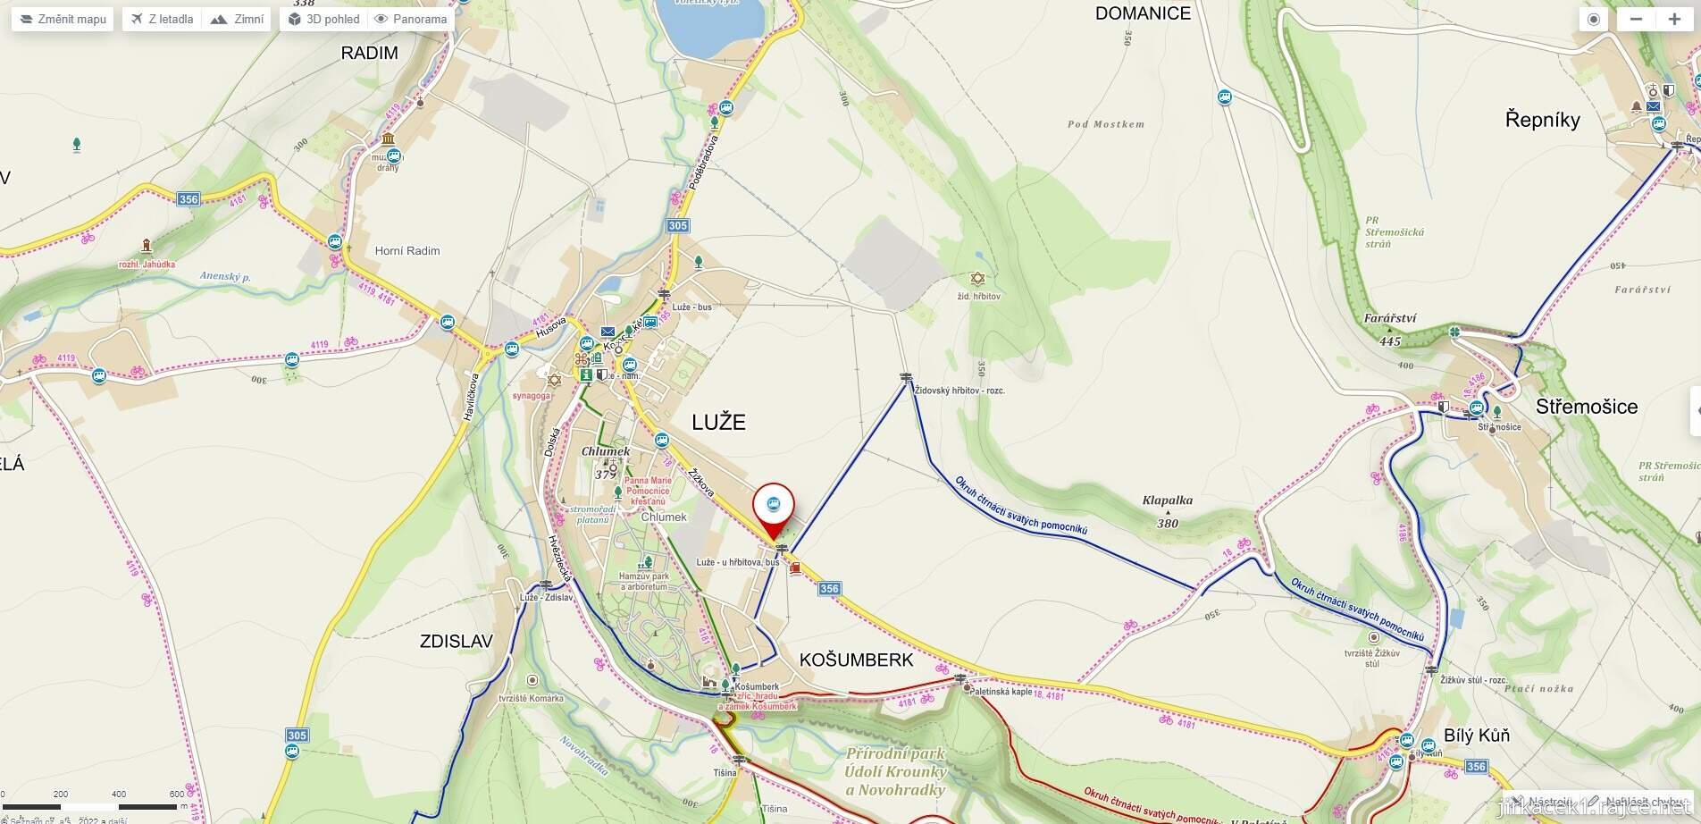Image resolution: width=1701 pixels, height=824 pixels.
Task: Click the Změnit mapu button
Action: [x=63, y=19]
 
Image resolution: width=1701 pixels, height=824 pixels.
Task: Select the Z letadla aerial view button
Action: [x=162, y=19]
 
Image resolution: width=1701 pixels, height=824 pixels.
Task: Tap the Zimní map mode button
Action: [x=237, y=19]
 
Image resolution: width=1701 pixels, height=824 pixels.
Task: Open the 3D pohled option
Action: [x=323, y=19]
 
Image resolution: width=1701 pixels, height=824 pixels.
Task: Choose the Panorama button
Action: [x=410, y=19]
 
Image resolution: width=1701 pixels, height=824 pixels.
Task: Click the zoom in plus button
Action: [x=1673, y=19]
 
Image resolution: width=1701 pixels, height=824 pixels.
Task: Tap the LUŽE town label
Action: [x=718, y=422]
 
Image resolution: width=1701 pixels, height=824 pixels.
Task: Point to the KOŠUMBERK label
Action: [x=856, y=660]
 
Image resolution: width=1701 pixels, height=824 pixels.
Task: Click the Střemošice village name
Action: [x=1586, y=407]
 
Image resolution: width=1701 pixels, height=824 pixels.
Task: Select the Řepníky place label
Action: [x=1542, y=120]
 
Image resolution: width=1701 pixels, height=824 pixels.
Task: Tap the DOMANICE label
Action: [x=1143, y=13]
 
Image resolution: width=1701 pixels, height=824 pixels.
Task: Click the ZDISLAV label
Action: [x=457, y=641]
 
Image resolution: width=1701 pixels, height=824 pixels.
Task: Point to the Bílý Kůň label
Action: [x=1476, y=736]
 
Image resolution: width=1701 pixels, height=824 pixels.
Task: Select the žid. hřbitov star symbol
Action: [x=977, y=279]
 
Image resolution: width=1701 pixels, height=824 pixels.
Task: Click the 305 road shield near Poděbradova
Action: [x=678, y=225]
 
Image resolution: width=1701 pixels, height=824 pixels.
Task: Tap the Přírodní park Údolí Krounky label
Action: [x=895, y=771]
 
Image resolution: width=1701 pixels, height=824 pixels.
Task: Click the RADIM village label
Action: [x=369, y=53]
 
